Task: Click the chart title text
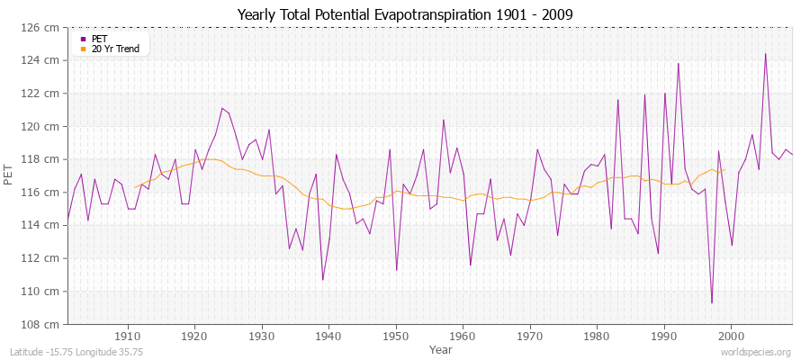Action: (405, 14)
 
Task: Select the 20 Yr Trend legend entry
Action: (114, 49)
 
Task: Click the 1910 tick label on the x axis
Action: (127, 336)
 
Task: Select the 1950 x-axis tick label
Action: (396, 336)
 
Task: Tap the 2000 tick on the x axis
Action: (731, 336)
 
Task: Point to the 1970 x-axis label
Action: (530, 336)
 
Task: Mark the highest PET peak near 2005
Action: (765, 53)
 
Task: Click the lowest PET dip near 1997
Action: (712, 302)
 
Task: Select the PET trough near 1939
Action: (322, 280)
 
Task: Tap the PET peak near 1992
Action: (678, 63)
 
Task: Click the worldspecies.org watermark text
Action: (755, 352)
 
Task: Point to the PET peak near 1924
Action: (221, 108)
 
